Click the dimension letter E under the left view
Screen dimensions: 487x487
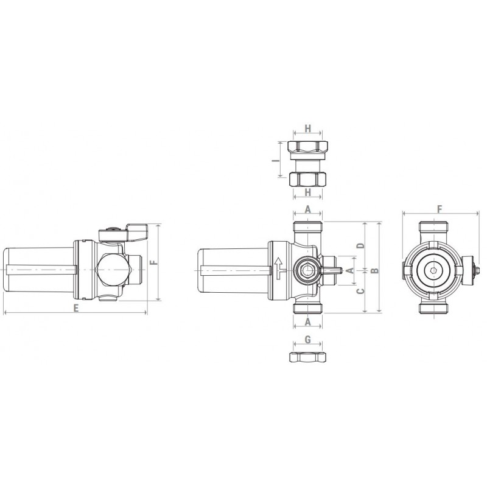click(x=75, y=307)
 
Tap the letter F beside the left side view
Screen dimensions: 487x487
click(x=154, y=262)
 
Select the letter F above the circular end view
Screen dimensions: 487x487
click(x=440, y=209)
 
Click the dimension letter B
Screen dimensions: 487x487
click(x=376, y=270)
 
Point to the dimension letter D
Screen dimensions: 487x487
click(x=360, y=245)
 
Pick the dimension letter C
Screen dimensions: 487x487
click(x=360, y=291)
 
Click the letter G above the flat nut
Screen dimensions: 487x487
click(x=307, y=340)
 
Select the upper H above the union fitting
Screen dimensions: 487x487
click(x=307, y=128)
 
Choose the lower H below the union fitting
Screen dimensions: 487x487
click(x=307, y=192)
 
